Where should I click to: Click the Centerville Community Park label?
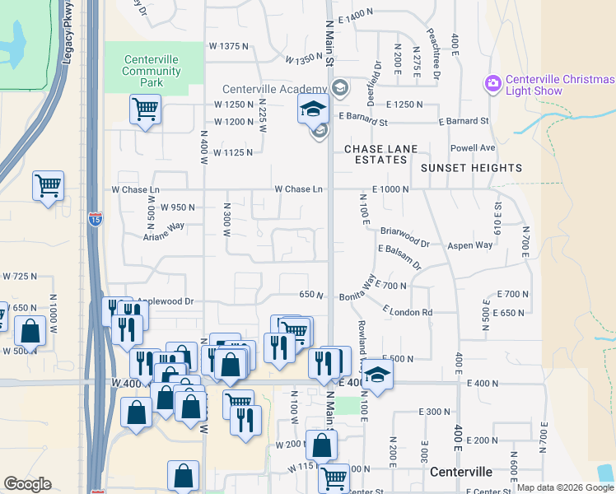coord(152,71)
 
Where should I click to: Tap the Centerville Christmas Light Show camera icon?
coord(493,83)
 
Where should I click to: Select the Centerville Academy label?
coord(273,89)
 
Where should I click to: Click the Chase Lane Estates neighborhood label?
coord(380,154)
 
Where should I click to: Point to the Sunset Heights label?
coord(471,168)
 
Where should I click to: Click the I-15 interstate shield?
coord(95,219)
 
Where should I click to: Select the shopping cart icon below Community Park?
coord(145,110)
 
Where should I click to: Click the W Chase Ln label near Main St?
coord(298,189)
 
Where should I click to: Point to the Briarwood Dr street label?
coord(404,238)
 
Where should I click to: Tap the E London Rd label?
coord(408,312)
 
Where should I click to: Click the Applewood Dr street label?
coord(165,302)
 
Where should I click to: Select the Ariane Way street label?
coord(163,231)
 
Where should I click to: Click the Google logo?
coord(27,484)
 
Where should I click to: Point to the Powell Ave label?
coord(472,148)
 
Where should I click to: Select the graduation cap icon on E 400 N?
coord(378,374)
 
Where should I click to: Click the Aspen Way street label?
coord(469,245)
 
